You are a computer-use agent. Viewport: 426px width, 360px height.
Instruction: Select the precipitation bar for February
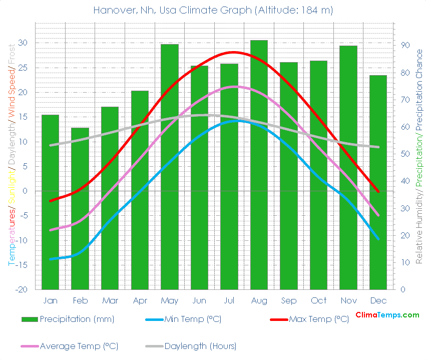pyautogui.click(x=80, y=208)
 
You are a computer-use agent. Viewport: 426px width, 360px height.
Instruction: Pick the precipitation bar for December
pyautogui.click(x=378, y=182)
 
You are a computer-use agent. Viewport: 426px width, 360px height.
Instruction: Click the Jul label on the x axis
pyautogui.click(x=229, y=300)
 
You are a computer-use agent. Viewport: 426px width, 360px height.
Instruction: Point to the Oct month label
pyautogui.click(x=318, y=300)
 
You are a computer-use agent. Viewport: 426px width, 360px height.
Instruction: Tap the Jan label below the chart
pyautogui.click(x=50, y=300)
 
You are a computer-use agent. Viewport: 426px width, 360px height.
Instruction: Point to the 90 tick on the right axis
pyautogui.click(x=406, y=46)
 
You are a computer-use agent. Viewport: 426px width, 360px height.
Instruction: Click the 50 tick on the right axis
pyautogui.click(x=406, y=154)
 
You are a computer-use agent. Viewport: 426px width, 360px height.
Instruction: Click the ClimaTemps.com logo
pyautogui.click(x=387, y=315)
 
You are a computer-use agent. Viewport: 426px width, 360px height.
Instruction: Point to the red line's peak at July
pyautogui.click(x=233, y=52)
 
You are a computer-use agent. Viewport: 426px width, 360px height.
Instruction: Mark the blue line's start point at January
pyautogui.click(x=51, y=259)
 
